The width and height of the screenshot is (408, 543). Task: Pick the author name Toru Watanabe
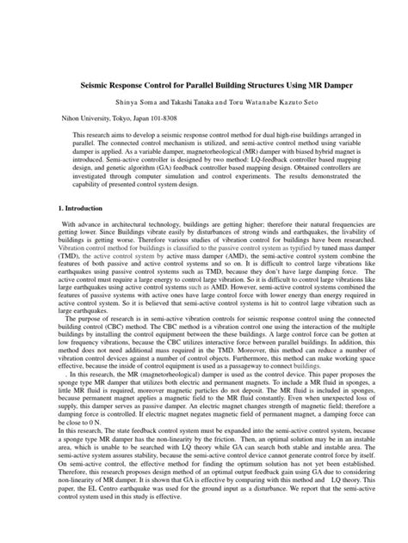point(255,101)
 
